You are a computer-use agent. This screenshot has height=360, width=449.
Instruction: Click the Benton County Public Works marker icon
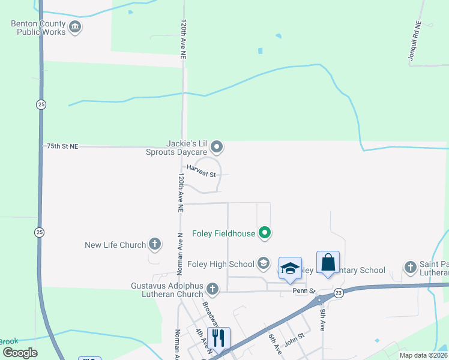[x=75, y=26]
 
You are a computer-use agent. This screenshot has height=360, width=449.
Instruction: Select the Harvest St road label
[x=201, y=172]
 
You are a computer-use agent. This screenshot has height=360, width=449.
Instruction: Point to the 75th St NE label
[x=62, y=146]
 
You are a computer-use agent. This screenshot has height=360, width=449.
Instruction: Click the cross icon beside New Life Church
[x=155, y=244]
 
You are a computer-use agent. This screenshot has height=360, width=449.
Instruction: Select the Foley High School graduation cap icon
[x=263, y=263]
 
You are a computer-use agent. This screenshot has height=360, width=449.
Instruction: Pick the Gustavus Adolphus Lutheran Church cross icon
[x=212, y=289]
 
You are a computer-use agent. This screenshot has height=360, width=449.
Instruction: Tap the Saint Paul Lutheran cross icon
[x=410, y=267]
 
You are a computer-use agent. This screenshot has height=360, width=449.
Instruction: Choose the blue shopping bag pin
[x=328, y=263]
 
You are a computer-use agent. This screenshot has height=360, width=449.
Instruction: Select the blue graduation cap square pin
[x=291, y=269]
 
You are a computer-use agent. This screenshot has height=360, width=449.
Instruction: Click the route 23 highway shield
[x=339, y=292]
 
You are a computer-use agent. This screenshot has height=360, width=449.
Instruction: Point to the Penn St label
[x=304, y=291]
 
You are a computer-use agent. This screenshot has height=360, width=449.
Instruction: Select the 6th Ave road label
[x=275, y=344]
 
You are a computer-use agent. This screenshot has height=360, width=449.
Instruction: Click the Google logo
[x=20, y=353]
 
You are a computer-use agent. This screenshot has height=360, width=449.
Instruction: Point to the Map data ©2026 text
[x=423, y=355]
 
